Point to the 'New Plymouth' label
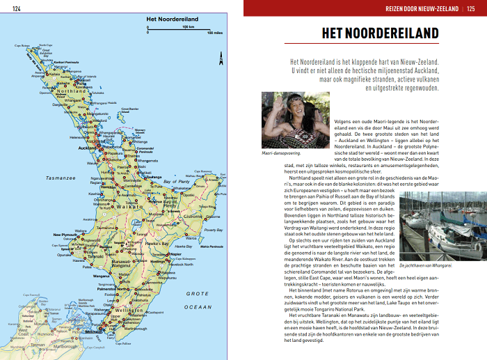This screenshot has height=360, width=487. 67,235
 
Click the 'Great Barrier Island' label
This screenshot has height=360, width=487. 130,109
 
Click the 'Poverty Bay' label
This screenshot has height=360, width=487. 213,230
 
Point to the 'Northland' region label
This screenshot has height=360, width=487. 72,91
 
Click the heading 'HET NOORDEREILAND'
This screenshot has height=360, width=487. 380,34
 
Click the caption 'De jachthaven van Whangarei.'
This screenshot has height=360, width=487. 426,265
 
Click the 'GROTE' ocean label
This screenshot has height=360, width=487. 198,295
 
